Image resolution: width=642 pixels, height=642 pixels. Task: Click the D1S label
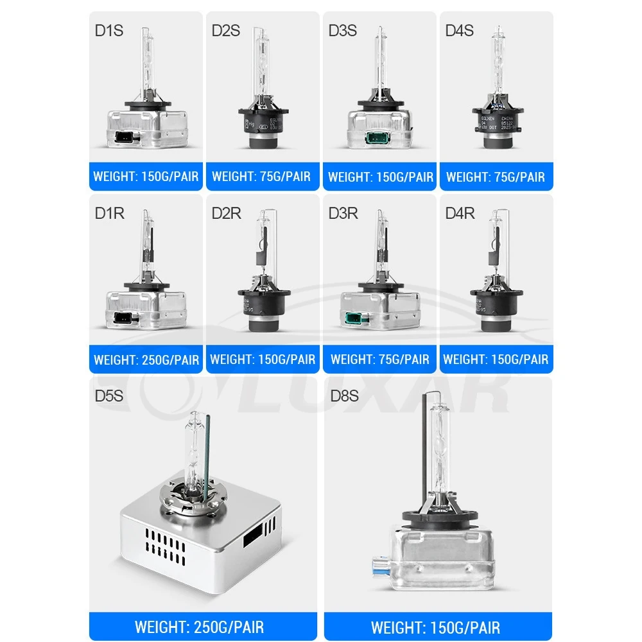[x=108, y=30]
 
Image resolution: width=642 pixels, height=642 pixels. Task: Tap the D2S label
[x=226, y=30]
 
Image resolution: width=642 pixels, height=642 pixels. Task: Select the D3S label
[x=343, y=30]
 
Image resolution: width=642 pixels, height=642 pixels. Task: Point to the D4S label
[x=460, y=30]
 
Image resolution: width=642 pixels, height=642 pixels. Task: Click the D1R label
[x=109, y=213]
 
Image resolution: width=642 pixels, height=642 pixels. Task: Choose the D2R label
[x=227, y=213]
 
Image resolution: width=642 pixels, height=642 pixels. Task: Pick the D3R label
[x=343, y=213]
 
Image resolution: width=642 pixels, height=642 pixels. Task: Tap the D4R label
[x=460, y=213]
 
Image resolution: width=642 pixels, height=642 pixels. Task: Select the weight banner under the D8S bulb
[x=435, y=627]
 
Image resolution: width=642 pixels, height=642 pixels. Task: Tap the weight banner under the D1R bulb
[x=146, y=360]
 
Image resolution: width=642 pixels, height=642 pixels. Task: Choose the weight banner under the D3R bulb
[x=380, y=360]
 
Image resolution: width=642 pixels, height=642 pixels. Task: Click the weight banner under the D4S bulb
[x=496, y=177]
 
